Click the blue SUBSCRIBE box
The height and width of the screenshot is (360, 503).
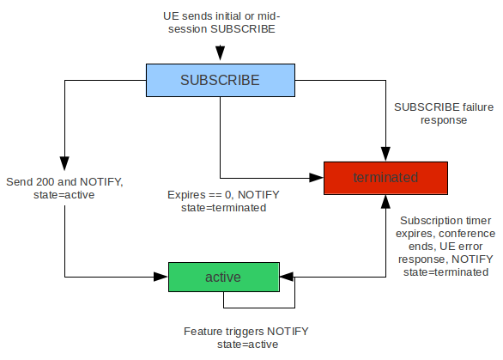[x=220, y=80]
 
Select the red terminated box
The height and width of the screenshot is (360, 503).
[x=385, y=177]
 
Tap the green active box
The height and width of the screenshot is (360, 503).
[x=222, y=277]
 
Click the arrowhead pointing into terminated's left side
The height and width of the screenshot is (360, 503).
[x=317, y=177]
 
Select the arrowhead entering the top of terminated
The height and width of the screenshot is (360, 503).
[x=385, y=155]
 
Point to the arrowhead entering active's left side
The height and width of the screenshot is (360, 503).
[x=162, y=277]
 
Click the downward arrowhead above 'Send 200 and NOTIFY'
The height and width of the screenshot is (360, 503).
[x=65, y=164]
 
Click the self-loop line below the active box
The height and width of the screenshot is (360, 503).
[x=258, y=307]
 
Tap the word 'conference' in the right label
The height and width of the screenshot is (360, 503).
[x=467, y=233]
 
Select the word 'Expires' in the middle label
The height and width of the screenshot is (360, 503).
[x=185, y=195]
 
